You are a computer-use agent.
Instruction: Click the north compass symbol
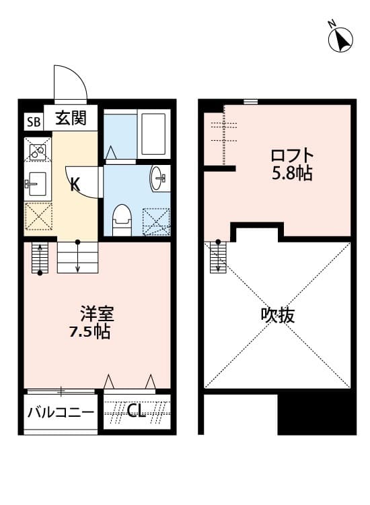coord(341,40)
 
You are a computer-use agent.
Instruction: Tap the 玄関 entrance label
coord(70,119)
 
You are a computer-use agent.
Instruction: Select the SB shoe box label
coord(32,122)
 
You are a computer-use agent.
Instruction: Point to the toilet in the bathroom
coord(122,219)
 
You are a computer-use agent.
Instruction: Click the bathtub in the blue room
coord(154,133)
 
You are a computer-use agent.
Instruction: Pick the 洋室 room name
coord(97,314)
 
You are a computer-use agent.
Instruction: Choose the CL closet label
coord(137,411)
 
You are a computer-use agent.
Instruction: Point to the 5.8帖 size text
coord(292,173)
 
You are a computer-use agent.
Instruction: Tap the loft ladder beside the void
coord(217,257)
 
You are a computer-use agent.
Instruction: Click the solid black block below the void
coord(316,413)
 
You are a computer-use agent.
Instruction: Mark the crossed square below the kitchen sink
coord(38,216)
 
